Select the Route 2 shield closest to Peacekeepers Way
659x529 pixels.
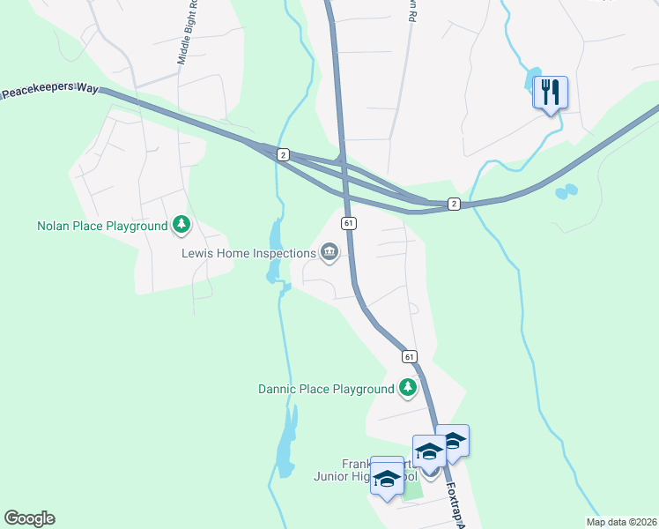pos(282,154)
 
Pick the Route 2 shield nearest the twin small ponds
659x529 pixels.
pos(453,204)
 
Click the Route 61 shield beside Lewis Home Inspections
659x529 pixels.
pos(350,224)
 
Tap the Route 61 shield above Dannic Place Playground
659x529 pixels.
pos(410,356)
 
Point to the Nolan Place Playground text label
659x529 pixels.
pos(102,226)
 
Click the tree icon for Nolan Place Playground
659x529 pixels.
pos(181,225)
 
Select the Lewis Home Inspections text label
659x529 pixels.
pos(248,253)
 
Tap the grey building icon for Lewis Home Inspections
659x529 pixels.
pos(329,253)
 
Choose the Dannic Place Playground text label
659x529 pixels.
pos(325,389)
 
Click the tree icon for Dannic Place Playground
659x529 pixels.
pos(407,387)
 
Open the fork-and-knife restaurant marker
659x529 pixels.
pos(551,92)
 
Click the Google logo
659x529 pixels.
pos(29,518)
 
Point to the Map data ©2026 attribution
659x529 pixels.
pos(620,522)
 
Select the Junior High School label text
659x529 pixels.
pos(352,477)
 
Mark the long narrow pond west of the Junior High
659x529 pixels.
pos(285,446)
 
